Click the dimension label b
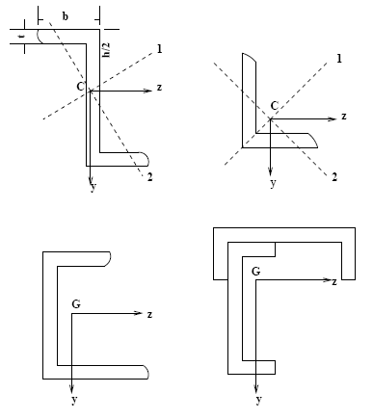65,16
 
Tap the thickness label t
21,37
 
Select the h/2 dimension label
106,49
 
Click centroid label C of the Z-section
81,87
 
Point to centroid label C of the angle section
274,106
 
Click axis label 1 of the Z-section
160,49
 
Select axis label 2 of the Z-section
150,177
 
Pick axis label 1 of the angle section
339,59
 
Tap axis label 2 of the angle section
334,177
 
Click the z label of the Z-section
159,88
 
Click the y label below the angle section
273,183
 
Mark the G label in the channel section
76,303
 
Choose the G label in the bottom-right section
256,272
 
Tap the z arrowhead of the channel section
139,313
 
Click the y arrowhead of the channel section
71,388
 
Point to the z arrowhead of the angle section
333,119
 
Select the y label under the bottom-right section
258,400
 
